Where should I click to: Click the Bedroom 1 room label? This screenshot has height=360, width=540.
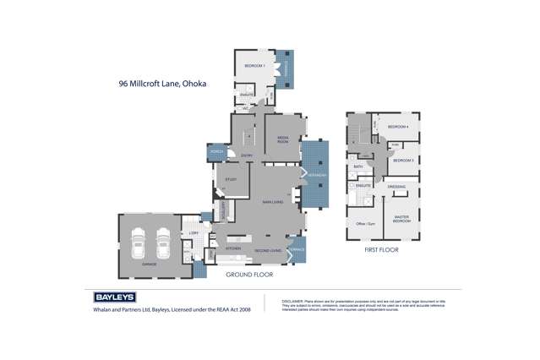point(255,66)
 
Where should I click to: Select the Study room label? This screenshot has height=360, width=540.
point(231,179)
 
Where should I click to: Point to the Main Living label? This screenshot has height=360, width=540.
point(272,201)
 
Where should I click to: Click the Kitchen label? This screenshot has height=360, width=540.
point(234,248)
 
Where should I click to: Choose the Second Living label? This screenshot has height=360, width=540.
point(268,248)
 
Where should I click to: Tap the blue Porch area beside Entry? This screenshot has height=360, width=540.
point(216,152)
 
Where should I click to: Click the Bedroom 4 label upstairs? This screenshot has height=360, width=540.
point(398,128)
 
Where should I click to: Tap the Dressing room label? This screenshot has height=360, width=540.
point(396,187)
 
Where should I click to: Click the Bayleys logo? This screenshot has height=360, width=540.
point(107,298)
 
